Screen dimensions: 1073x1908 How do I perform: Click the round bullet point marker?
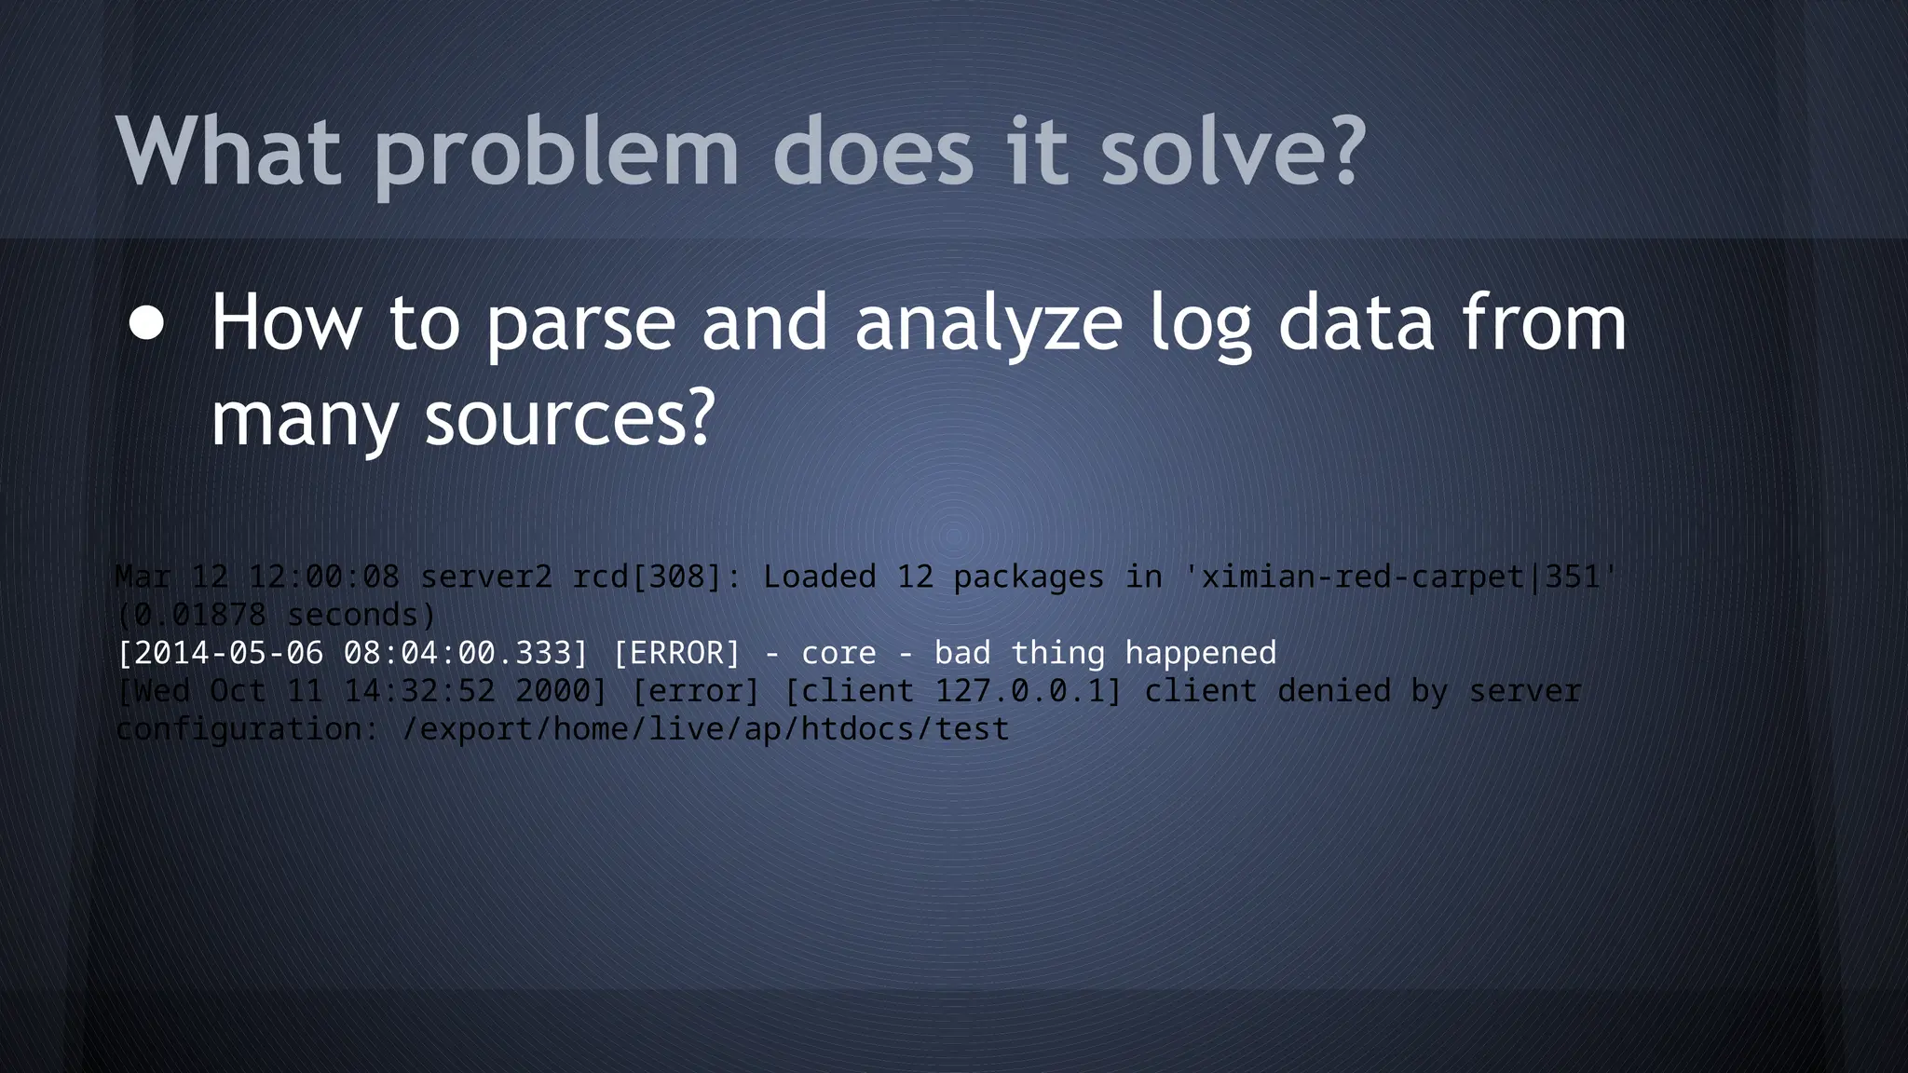[x=147, y=324]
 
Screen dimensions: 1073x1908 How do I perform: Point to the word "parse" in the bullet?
[x=580, y=323]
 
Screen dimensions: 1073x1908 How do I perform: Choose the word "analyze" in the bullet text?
[x=988, y=325]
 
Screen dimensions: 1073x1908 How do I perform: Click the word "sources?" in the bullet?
[x=569, y=418]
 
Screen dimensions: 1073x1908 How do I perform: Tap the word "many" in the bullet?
[x=304, y=420]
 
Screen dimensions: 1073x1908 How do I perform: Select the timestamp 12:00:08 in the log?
[x=324, y=577]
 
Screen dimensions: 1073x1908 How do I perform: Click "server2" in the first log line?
[x=486, y=577]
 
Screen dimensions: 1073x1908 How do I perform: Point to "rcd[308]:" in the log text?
[x=657, y=577]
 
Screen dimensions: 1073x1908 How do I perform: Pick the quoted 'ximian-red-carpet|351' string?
[x=1400, y=577]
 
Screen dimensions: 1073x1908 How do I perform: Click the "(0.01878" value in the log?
[x=192, y=615]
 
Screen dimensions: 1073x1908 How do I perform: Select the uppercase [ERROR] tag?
[x=676, y=653]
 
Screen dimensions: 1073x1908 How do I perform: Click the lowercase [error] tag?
[x=696, y=691]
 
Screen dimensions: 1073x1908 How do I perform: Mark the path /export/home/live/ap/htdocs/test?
[x=705, y=729]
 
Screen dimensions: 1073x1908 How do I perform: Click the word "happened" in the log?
[x=1200, y=653]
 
